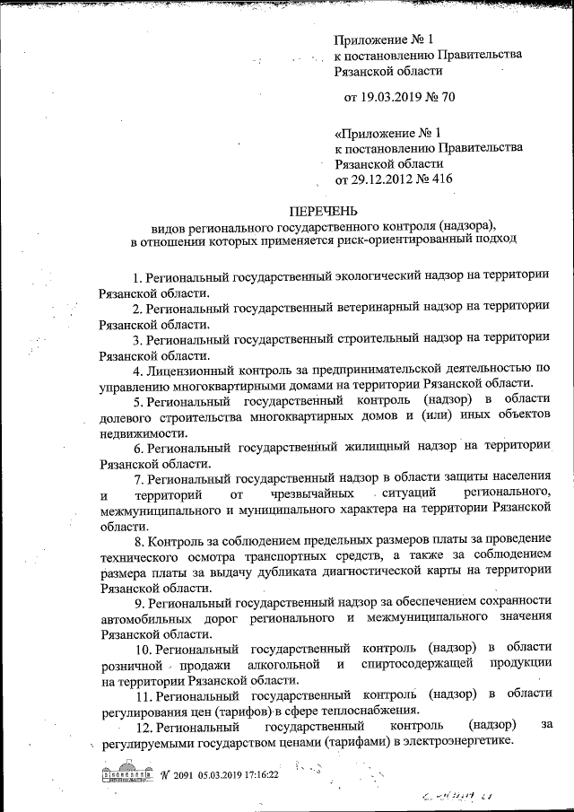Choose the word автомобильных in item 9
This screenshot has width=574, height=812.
[147, 618]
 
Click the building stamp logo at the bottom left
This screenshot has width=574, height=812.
[125, 773]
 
